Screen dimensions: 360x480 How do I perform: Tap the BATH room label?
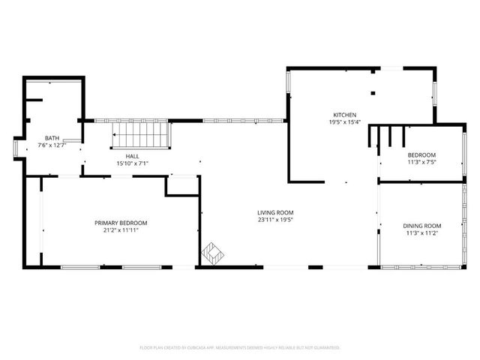click(52, 138)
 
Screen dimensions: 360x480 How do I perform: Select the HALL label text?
click(132, 156)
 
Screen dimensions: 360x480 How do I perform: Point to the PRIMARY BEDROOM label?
click(121, 223)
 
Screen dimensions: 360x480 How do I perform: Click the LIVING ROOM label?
click(275, 213)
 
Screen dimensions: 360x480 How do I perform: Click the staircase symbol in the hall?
click(142, 136)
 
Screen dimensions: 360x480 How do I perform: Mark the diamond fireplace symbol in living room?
click(212, 253)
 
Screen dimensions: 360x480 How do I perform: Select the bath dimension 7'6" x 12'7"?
click(52, 145)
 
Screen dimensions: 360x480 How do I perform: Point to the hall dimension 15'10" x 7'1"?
click(132, 163)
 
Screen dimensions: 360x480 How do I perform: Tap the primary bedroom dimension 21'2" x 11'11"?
click(121, 230)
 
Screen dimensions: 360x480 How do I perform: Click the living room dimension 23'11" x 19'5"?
click(275, 220)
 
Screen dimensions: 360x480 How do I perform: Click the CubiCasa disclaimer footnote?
click(240, 348)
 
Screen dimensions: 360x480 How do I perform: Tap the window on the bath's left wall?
click(16, 147)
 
